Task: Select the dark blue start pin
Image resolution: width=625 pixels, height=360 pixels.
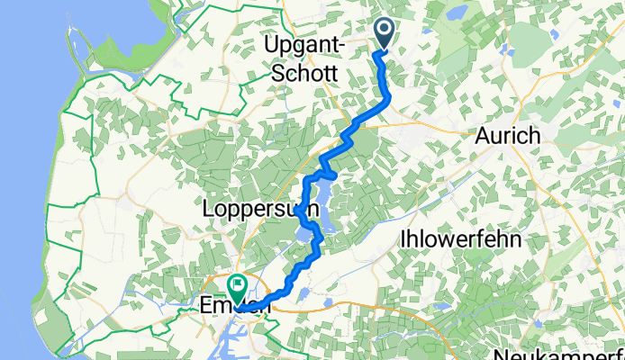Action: point(385,34)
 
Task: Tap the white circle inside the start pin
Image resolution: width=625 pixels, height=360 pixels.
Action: point(385,31)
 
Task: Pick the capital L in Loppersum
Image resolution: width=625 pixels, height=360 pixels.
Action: point(210,210)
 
